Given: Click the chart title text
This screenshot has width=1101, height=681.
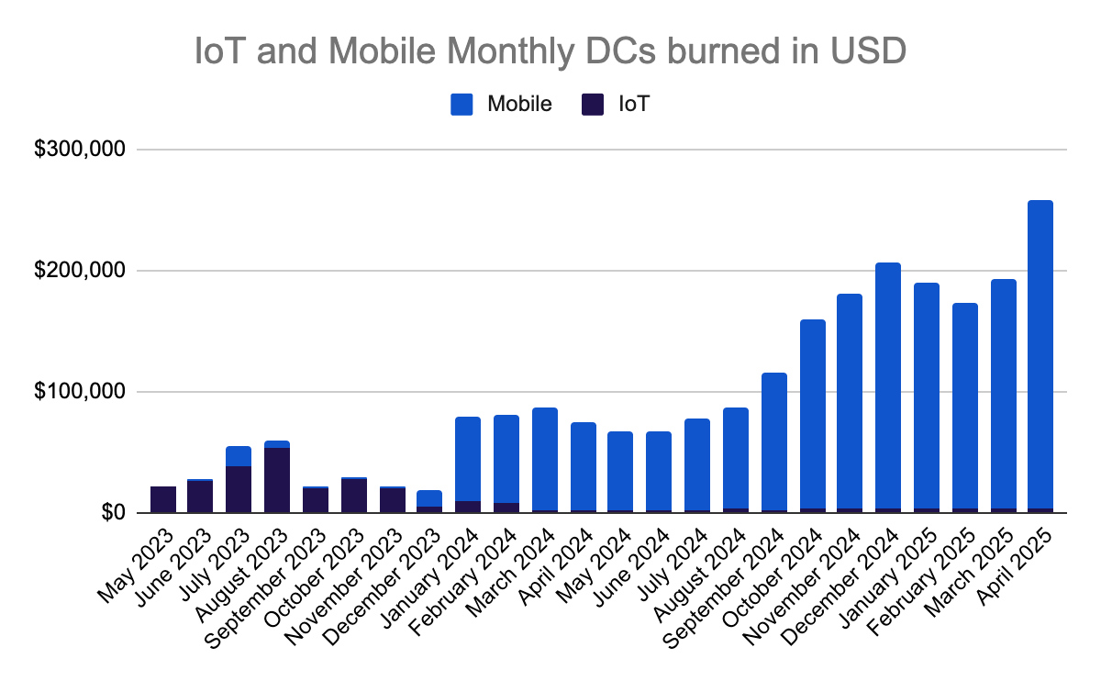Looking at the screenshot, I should point(550,50).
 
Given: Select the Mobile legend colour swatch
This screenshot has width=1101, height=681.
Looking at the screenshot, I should point(462,104).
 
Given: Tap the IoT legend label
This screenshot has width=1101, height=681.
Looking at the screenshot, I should point(634,104).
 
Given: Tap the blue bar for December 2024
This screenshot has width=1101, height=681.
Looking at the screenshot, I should point(888,385).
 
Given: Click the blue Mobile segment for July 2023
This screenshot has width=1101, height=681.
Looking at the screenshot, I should point(239,456).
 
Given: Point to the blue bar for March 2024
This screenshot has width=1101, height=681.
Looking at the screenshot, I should point(544,459).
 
